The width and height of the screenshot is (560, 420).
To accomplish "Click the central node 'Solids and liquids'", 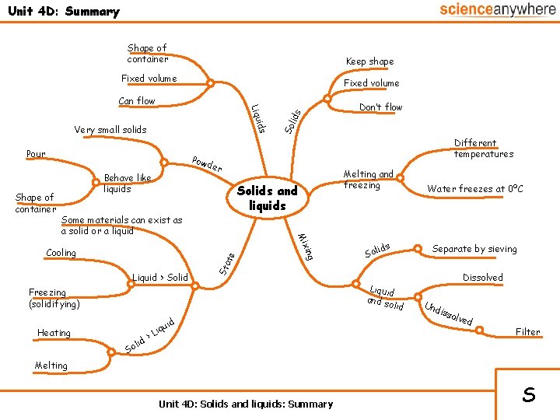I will tap(268, 198).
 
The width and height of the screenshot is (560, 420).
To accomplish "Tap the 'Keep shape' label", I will tap(369, 61).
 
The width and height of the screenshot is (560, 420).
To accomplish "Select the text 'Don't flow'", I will tap(380, 107).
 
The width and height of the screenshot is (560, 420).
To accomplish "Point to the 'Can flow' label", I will tap(137, 101).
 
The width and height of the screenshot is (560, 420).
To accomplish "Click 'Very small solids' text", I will tap(110, 129).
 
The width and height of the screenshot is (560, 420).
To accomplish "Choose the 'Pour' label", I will tap(35, 154).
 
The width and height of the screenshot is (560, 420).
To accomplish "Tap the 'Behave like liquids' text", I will tap(128, 184).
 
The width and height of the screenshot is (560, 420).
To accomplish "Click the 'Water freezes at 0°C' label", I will tap(474, 189).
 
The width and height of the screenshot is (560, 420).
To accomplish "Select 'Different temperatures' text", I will tap(483, 149).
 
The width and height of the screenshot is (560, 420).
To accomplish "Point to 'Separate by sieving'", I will tap(474, 249).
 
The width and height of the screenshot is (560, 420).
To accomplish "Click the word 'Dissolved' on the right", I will tap(482, 278).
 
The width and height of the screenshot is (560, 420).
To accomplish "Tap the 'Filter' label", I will tap(527, 332).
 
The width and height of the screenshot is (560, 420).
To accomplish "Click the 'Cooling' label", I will tap(61, 253).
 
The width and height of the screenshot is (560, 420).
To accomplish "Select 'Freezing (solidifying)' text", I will tap(54, 298).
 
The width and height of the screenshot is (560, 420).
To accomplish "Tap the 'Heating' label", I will tap(54, 333).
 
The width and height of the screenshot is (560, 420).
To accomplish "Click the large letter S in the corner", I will tap(528, 394).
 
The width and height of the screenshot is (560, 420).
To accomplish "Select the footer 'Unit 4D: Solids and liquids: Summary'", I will tap(245, 404).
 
